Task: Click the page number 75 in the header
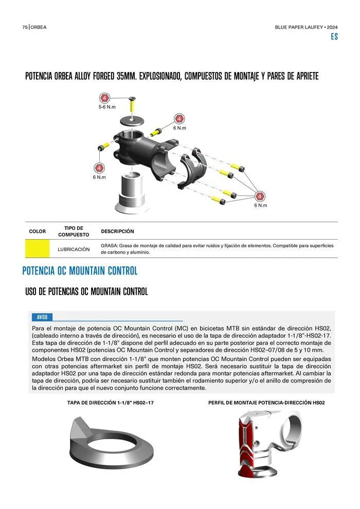25,27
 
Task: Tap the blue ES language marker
334,37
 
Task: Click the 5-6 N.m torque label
107,107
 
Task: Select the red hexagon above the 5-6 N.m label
104,98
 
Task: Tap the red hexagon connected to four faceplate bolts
259,196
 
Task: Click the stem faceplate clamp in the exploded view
193,168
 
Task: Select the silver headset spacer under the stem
132,193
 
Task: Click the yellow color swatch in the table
38,249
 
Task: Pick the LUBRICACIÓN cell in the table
74,249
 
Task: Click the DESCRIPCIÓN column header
117,231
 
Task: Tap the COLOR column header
38,231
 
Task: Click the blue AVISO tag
42,317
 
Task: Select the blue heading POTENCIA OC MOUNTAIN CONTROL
80,271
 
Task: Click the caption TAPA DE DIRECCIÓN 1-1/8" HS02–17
111,403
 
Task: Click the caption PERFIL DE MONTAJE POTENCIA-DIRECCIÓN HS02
266,403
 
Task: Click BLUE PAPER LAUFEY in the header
299,27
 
